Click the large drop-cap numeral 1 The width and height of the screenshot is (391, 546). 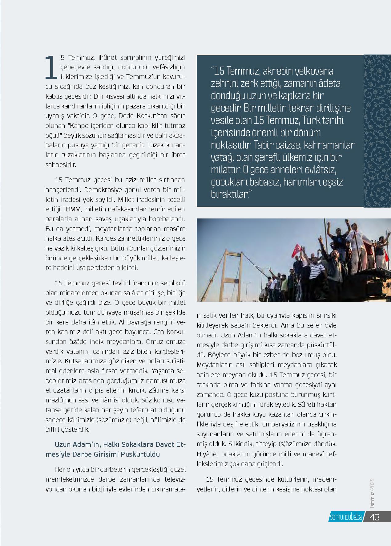pyautogui.click(x=51, y=67)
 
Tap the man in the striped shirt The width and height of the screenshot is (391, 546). pyautogui.click(x=315, y=271)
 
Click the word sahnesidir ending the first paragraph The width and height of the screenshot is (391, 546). pyautogui.click(x=61, y=165)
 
